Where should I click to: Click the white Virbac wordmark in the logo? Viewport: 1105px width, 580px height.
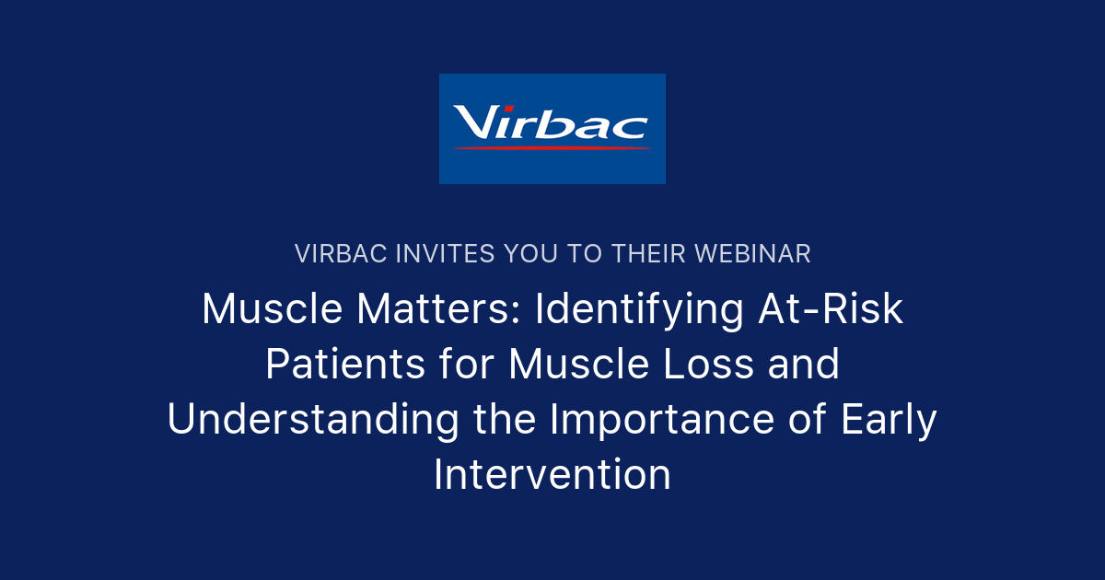point(551,122)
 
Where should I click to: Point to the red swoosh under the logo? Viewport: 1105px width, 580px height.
point(551,147)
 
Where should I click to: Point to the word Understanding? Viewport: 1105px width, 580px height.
point(313,420)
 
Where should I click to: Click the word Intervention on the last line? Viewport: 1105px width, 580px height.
point(552,475)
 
